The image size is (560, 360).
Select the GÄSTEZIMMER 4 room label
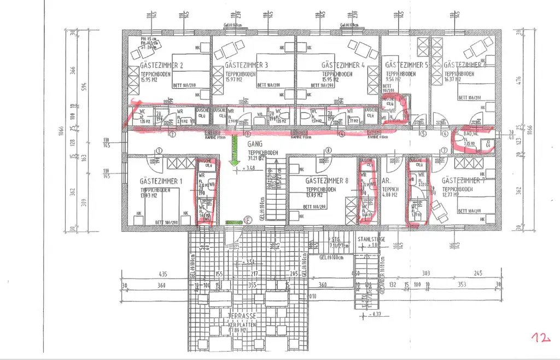click(343, 65)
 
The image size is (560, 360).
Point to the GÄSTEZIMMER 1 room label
click(161, 181)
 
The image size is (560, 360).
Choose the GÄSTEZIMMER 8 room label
click(327, 181)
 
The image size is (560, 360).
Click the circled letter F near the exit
click(248, 221)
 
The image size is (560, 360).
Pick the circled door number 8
click(328, 150)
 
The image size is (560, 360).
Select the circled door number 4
click(342, 133)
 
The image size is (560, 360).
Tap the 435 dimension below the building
click(162, 274)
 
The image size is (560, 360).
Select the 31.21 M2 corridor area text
click(257, 158)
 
